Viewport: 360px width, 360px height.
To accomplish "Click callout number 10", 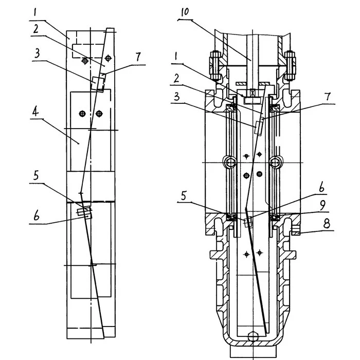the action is [185, 12].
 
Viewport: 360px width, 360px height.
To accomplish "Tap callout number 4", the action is [35, 112].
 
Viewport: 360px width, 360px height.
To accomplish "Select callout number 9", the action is [322, 205].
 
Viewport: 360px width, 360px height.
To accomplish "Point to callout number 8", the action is [327, 223].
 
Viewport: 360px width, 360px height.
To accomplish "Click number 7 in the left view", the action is [138, 57].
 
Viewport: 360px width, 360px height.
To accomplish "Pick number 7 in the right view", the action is [328, 97].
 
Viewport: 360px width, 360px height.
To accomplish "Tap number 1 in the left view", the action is [35, 12].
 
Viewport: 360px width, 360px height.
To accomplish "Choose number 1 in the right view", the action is [176, 56].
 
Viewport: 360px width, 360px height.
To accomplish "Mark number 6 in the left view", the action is [37, 216].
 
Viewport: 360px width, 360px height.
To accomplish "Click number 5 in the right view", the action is [184, 196].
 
